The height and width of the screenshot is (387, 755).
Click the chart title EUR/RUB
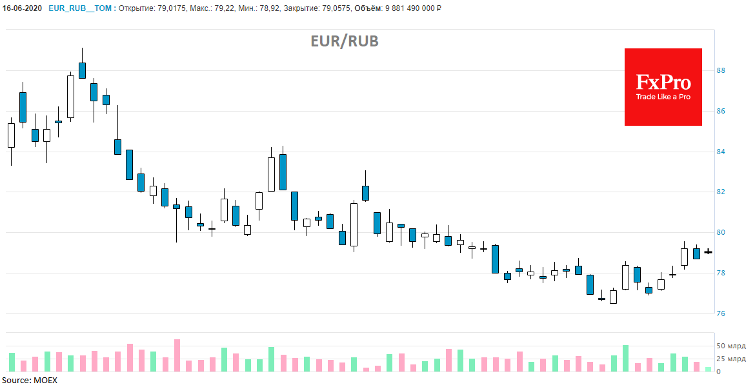pyautogui.click(x=345, y=41)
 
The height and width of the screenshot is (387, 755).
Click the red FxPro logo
pyautogui.click(x=663, y=87)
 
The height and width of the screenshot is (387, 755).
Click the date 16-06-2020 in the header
pyautogui.click(x=22, y=8)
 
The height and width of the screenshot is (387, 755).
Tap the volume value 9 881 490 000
pyautogui.click(x=418, y=8)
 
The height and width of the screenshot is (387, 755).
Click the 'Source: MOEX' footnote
pyautogui.click(x=29, y=381)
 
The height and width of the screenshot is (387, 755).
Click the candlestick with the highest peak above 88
pyautogui.click(x=82, y=70)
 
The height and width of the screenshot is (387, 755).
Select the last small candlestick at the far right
pyautogui.click(x=708, y=252)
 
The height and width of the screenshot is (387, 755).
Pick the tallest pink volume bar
pyautogui.click(x=177, y=355)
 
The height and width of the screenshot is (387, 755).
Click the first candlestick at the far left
pyautogui.click(x=11, y=135)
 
